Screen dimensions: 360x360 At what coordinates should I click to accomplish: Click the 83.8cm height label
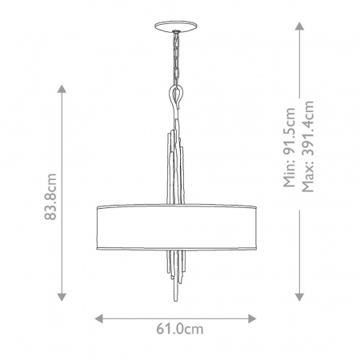point(50,197)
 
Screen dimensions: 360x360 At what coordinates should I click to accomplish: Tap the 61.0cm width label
point(180,329)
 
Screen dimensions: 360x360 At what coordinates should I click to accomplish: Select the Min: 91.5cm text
point(290,147)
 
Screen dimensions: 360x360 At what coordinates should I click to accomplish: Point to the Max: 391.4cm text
point(308,146)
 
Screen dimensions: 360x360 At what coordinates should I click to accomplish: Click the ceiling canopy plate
point(176,26)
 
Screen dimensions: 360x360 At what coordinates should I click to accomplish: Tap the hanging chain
point(176,58)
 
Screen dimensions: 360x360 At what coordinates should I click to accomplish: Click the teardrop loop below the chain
point(176,97)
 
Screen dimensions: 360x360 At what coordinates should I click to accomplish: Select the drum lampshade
point(176,227)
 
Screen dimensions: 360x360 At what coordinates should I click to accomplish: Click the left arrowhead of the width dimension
point(99,318)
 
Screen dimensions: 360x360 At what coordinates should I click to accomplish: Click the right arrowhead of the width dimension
point(252,318)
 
